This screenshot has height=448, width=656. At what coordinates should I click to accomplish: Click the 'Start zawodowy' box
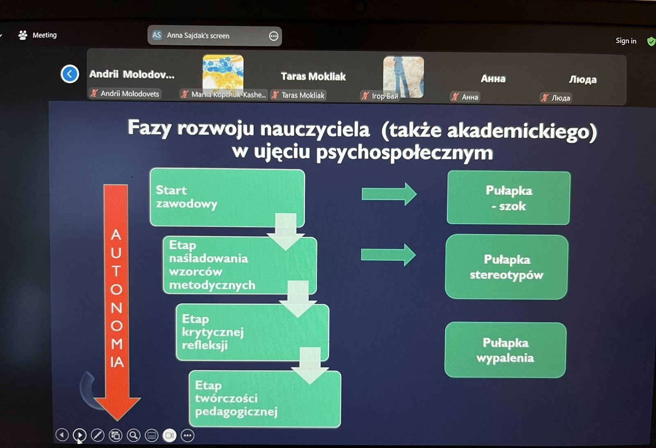[227, 198]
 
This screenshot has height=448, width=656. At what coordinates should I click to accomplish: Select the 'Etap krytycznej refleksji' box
[253, 332]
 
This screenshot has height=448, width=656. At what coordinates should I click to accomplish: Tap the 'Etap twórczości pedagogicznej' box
[265, 399]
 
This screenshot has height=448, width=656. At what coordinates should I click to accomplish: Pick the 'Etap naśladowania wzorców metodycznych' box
[240, 265]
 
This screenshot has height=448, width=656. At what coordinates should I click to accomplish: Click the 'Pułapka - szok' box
[509, 198]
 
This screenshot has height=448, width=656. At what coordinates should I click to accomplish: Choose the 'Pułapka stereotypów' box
[507, 267]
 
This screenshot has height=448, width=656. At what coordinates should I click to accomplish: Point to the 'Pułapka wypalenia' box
[506, 350]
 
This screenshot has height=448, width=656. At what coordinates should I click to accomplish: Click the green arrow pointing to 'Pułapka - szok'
[389, 194]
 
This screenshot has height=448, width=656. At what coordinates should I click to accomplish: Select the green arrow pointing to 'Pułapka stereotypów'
[388, 255]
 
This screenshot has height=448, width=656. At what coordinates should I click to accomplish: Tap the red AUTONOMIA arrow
[116, 302]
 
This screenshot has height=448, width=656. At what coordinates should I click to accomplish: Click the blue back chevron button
[70, 74]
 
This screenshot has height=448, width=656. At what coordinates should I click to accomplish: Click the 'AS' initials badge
[157, 35]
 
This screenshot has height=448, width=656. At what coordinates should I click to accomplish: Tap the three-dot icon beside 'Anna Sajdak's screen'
[273, 36]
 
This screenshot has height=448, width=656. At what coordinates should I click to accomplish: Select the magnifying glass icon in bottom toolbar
[134, 435]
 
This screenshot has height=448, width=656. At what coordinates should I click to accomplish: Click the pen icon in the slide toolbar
[98, 435]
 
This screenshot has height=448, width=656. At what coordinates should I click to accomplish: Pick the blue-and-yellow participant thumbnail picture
[223, 72]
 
